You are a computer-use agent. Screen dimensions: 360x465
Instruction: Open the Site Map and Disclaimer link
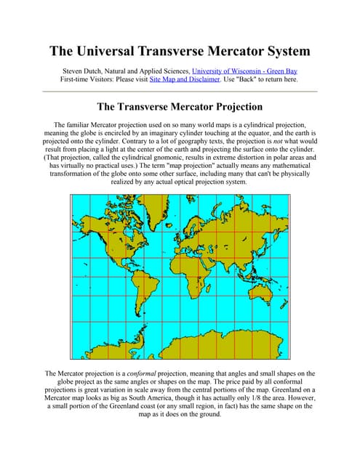pos(184,79)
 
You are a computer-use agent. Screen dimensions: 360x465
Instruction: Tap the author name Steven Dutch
pos(90,70)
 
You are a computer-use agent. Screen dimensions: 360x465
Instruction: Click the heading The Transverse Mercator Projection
pos(180,106)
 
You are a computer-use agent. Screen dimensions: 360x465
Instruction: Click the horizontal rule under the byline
pos(180,92)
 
